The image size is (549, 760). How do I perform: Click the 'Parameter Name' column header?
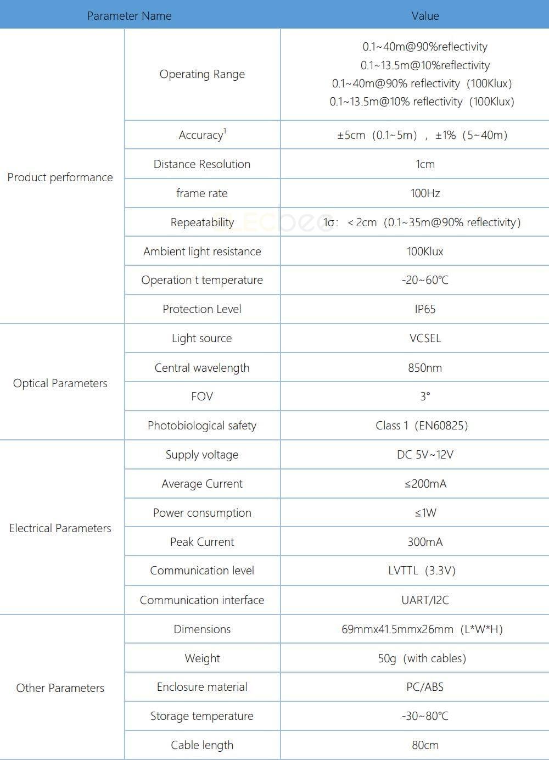(x=129, y=16)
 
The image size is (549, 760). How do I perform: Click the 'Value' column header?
(x=425, y=16)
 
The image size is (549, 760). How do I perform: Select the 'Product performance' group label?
(x=60, y=177)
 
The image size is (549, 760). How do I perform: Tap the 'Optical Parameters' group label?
(x=60, y=383)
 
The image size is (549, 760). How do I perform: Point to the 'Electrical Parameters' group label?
(x=60, y=528)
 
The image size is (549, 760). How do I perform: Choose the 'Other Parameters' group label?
(x=60, y=688)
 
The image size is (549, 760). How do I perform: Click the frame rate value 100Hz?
(x=425, y=193)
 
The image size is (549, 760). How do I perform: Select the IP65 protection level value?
(x=425, y=309)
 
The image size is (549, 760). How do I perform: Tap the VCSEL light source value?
(x=425, y=338)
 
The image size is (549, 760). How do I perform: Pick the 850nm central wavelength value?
(x=425, y=368)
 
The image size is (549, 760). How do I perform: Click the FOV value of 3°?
(x=425, y=396)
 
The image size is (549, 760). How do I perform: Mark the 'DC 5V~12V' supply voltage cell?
(x=425, y=455)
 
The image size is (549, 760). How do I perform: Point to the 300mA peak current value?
(x=425, y=542)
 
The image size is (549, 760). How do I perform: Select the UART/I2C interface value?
(x=425, y=600)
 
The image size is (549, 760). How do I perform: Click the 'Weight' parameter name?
(x=202, y=658)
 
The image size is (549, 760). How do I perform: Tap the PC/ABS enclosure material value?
(x=425, y=687)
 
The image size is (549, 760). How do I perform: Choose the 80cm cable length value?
(x=425, y=745)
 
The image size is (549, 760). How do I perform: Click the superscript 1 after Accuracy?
(x=225, y=131)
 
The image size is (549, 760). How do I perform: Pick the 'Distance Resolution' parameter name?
(x=202, y=164)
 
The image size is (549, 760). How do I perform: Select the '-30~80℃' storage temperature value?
(x=425, y=716)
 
